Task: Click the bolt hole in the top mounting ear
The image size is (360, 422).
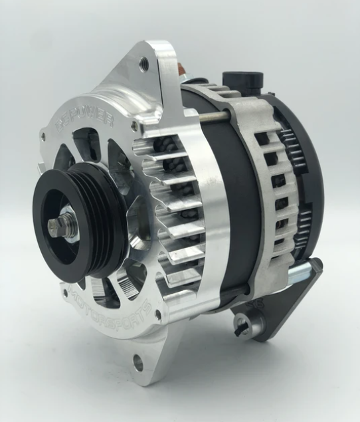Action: click(143, 64)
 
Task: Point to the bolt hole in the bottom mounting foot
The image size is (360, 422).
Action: click(137, 362)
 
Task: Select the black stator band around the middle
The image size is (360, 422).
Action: click(236, 199)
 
